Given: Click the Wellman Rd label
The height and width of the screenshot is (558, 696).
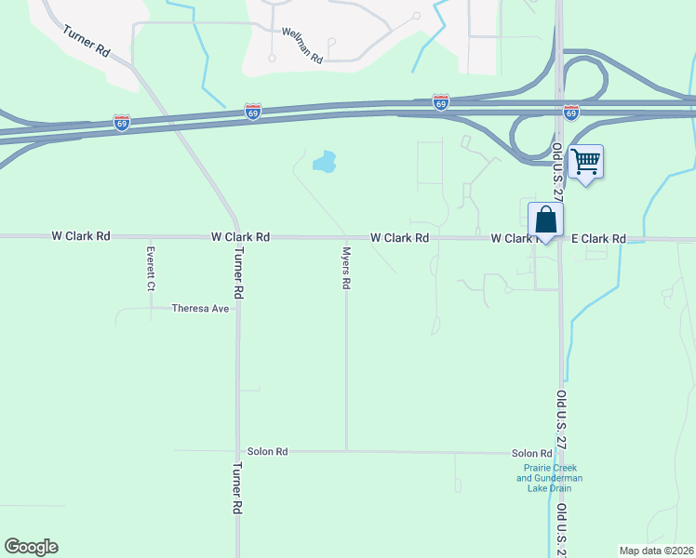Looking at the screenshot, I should point(302,44).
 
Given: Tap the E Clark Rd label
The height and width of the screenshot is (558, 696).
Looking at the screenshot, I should point(598,239).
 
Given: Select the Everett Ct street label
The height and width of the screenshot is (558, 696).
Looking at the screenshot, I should point(150,269).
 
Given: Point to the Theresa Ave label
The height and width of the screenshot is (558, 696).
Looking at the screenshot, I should point(200,309).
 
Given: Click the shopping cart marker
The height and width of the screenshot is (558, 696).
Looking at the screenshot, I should point(585,162).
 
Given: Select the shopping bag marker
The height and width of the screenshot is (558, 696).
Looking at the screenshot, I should point(546,220).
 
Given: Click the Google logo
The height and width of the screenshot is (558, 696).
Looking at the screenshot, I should point(31,547).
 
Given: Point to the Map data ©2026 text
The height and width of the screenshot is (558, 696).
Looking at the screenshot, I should point(655,551).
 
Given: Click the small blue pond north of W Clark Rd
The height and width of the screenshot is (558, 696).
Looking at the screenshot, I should point(324,164).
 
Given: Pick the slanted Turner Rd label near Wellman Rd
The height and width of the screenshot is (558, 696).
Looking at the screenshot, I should point(87,43).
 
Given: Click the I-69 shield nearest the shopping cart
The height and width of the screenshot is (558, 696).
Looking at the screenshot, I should point(571,112).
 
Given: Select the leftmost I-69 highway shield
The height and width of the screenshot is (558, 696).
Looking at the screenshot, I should point(121,121).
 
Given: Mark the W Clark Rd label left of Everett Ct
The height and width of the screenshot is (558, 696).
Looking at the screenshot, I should point(81,236).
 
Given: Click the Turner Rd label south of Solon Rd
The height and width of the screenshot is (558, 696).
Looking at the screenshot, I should point(237,488).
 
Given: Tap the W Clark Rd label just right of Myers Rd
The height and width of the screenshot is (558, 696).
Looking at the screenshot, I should point(399,238).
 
